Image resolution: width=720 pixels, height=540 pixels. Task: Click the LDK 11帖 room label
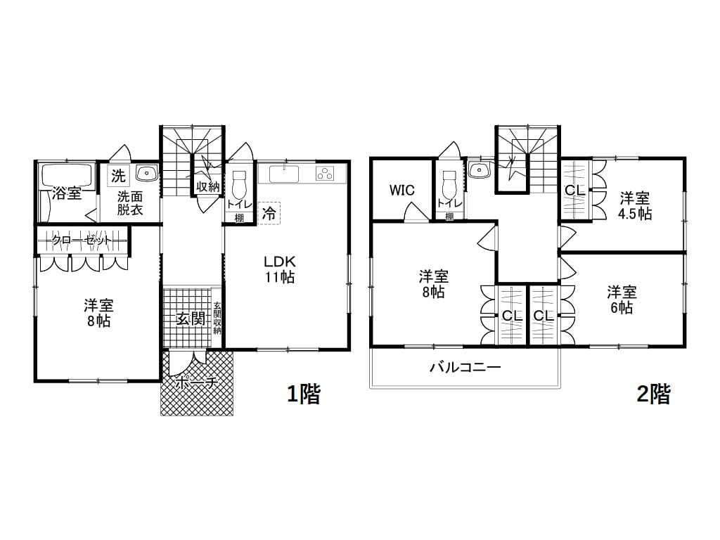[279, 269]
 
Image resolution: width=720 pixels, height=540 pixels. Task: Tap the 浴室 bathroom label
[67, 193]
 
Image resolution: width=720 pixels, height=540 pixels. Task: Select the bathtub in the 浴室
[67, 175]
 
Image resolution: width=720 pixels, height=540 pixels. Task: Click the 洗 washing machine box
[118, 175]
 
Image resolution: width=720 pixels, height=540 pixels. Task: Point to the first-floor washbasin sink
[147, 173]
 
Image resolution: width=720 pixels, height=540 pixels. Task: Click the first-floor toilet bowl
[240, 184]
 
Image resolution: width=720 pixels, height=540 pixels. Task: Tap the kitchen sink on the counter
[284, 174]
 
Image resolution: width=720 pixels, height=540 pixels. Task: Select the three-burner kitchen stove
[325, 174]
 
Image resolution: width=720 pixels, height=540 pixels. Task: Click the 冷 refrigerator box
[269, 214]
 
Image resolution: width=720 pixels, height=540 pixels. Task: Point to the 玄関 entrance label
[191, 318]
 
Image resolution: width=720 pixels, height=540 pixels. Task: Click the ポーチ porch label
[196, 382]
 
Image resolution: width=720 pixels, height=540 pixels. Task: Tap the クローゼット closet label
[82, 240]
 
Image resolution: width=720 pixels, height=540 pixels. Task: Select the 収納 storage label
[208, 187]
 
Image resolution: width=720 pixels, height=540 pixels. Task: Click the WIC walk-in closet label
[402, 190]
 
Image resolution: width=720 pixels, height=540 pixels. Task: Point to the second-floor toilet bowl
[449, 184]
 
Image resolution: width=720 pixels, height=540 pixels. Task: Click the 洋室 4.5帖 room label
[635, 206]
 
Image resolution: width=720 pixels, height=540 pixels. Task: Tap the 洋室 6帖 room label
[622, 300]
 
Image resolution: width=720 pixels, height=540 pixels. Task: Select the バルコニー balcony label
[465, 367]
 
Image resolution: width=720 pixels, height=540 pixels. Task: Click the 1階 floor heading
[304, 394]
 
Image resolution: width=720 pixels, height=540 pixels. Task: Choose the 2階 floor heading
[653, 394]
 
